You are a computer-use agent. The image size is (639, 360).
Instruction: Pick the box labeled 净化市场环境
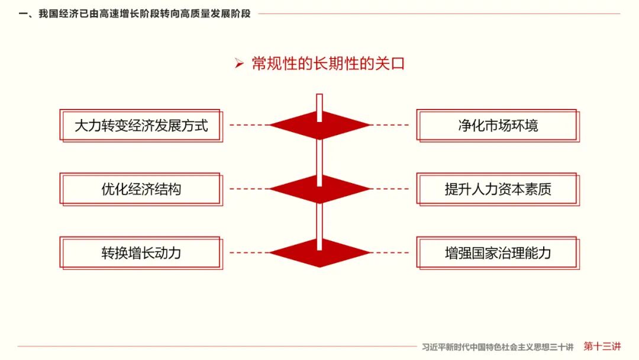coord(498,126)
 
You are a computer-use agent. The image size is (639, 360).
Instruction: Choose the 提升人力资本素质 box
coord(498,189)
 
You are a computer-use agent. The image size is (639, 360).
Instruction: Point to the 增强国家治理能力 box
coord(498,253)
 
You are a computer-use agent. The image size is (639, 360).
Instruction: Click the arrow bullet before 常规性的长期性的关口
coord(239,64)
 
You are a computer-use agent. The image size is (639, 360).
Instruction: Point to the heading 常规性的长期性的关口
coord(328,64)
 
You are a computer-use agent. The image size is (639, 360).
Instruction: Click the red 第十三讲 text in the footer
coord(602,346)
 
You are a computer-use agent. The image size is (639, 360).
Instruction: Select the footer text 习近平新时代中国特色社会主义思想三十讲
coord(498,347)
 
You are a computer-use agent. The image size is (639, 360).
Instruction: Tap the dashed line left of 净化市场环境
coord(390,126)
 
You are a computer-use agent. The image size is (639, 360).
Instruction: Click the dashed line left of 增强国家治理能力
coord(390,253)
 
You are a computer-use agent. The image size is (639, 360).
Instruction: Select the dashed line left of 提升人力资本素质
coord(390,189)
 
